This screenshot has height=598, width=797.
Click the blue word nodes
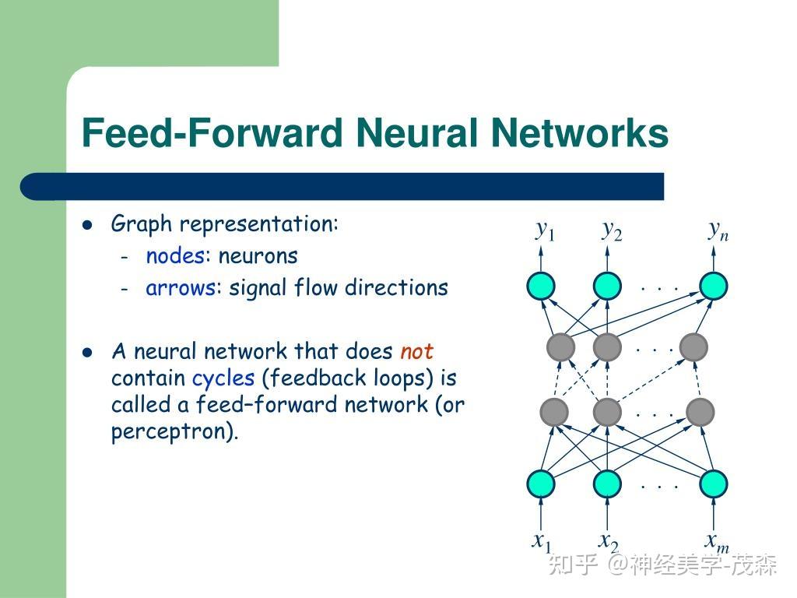175,255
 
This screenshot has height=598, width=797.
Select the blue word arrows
181,287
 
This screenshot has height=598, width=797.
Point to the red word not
416,351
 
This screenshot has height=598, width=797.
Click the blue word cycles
223,378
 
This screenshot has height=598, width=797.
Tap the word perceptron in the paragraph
172,431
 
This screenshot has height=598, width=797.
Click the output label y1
545,230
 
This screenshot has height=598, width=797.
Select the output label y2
612,230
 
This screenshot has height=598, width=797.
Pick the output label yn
718,230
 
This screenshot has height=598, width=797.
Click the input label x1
542,541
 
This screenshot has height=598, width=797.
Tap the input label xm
717,541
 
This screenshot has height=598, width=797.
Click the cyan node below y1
541,287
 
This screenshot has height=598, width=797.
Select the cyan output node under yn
713,287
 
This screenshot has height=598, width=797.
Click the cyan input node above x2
607,484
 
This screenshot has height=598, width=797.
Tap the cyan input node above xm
713,484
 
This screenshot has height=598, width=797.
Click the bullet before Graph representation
88,225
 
